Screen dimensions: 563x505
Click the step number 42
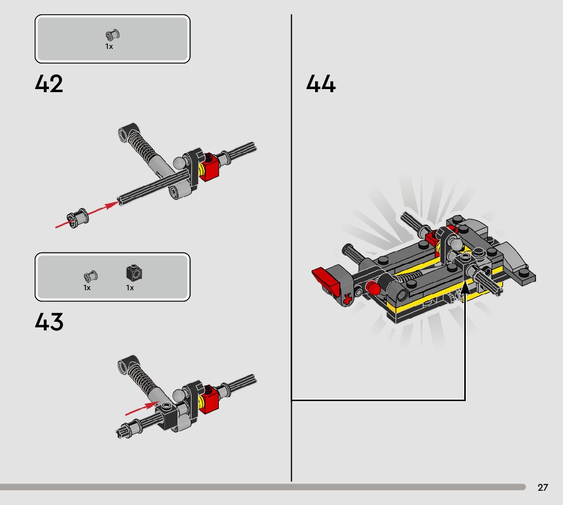click(x=49, y=84)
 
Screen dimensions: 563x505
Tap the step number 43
click(x=49, y=322)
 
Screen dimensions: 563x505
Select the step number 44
click(x=321, y=84)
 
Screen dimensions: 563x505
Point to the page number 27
click(x=543, y=488)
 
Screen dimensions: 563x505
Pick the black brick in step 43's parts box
click(x=134, y=273)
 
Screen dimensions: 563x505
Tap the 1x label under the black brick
click(x=130, y=288)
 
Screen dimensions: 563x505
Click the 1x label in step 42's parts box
click(x=109, y=46)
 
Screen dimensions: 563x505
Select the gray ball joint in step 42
click(x=179, y=163)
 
